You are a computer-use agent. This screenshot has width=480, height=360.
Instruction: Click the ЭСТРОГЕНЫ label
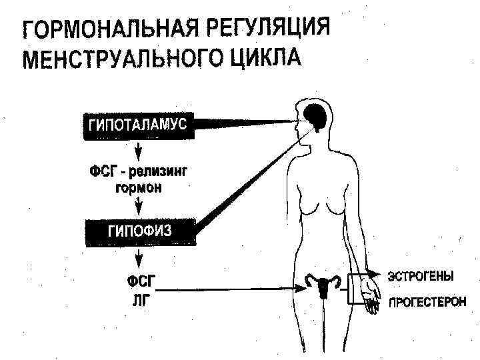click(x=421, y=275)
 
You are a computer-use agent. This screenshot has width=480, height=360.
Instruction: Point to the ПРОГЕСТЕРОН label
click(x=427, y=301)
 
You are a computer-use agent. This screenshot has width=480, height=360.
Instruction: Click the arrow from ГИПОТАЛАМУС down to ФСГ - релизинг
click(x=139, y=150)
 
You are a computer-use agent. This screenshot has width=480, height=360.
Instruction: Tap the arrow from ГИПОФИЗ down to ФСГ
click(x=139, y=259)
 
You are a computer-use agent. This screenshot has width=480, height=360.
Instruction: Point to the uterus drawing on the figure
click(x=325, y=285)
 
